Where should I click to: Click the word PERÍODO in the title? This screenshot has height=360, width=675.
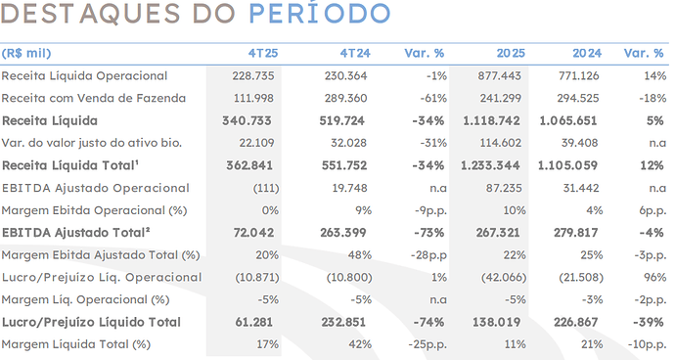320,12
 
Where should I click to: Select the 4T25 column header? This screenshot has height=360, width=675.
263,53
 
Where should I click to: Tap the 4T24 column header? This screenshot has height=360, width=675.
355,53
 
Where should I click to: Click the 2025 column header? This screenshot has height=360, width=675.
511,53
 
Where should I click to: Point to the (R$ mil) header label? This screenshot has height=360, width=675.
26,53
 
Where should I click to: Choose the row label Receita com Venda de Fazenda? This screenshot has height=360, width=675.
93,98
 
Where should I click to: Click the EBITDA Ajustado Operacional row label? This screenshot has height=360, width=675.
96,188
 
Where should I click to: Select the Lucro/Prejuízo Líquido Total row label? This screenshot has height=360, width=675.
91,322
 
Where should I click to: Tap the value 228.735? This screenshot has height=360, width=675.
253,75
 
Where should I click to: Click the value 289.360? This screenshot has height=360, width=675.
345,98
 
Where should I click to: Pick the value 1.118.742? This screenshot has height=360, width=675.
491,120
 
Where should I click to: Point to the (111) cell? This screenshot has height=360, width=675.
266,188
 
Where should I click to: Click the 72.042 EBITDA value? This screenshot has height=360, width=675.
253,233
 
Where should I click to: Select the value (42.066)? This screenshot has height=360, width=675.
504,277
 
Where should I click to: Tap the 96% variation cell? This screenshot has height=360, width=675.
654,277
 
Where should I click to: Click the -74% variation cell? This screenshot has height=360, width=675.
428,322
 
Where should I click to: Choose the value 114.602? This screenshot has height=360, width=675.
500,143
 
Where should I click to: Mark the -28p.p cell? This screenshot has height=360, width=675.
428,255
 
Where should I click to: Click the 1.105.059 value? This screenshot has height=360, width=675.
567,165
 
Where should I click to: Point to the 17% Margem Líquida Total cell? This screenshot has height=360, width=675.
267,344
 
